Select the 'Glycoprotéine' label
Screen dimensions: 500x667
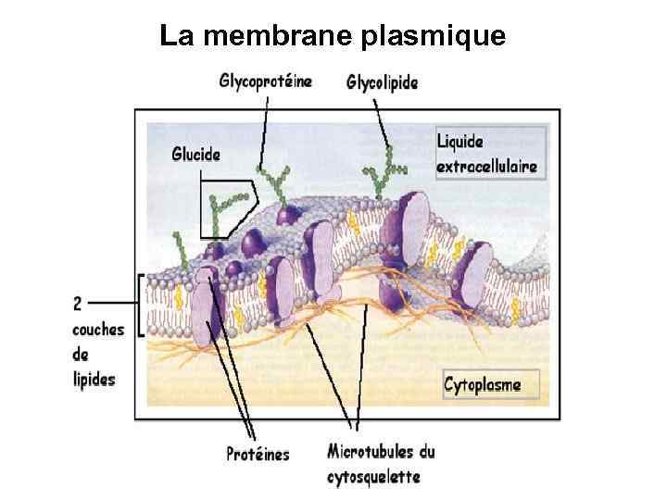click(265, 81)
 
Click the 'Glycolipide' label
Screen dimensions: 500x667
click(382, 82)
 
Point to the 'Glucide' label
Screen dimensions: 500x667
click(195, 155)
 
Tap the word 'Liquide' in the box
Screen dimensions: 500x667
click(460, 144)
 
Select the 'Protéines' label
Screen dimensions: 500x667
click(258, 454)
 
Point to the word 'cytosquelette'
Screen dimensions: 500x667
click(372, 477)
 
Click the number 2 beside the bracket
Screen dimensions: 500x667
click(77, 302)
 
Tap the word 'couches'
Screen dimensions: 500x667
click(96, 330)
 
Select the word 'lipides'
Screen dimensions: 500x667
click(94, 380)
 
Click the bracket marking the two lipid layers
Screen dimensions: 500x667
click(140, 305)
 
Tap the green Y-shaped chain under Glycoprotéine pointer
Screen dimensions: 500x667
click(275, 181)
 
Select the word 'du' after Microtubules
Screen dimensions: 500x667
click(424, 453)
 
